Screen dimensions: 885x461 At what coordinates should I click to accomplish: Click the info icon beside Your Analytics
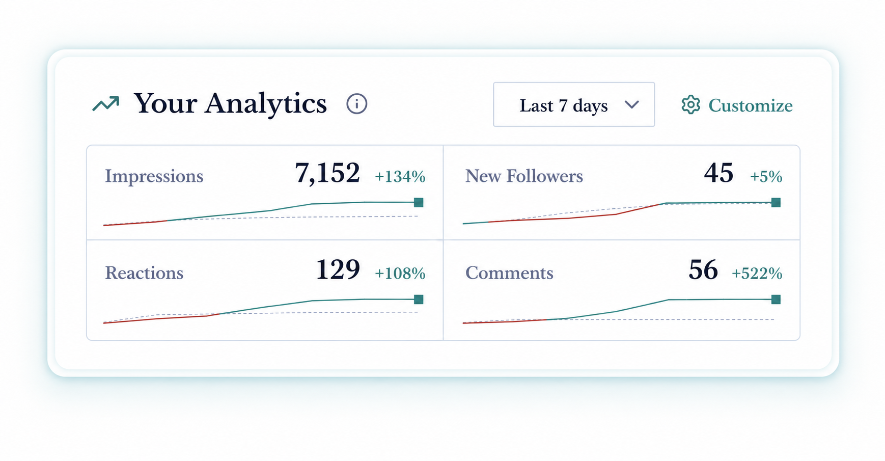pyautogui.click(x=356, y=104)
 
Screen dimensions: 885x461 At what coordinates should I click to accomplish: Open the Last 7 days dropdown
pyautogui.click(x=574, y=104)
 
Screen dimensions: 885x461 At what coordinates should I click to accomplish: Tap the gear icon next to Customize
pyautogui.click(x=691, y=104)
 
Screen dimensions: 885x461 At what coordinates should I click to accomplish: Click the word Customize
pyautogui.click(x=750, y=105)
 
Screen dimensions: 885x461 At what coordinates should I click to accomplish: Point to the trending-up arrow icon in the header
pyautogui.click(x=106, y=104)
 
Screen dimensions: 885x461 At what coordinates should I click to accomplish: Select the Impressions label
pyautogui.click(x=154, y=176)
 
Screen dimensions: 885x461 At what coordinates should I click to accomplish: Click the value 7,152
pyautogui.click(x=327, y=173)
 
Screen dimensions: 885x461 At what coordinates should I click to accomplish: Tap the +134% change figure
pyautogui.click(x=400, y=176)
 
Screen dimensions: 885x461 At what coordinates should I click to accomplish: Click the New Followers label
pyautogui.click(x=524, y=176)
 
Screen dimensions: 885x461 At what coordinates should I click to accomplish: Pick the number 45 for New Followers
pyautogui.click(x=718, y=173)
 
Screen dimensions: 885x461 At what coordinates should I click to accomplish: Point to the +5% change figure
pyautogui.click(x=766, y=176)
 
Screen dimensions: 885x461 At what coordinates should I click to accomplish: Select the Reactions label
pyautogui.click(x=144, y=273)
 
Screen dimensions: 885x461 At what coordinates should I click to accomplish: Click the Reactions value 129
pyautogui.click(x=338, y=269)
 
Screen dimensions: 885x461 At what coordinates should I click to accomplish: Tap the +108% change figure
pyautogui.click(x=400, y=273)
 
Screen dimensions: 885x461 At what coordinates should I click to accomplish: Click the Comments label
pyautogui.click(x=509, y=273)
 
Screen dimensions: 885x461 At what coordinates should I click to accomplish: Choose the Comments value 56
pyautogui.click(x=703, y=269)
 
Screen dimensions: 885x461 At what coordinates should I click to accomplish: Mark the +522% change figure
pyautogui.click(x=757, y=273)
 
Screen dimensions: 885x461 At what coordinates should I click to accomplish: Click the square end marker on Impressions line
pyautogui.click(x=419, y=202)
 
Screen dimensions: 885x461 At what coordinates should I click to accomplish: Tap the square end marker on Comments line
pyautogui.click(x=776, y=299)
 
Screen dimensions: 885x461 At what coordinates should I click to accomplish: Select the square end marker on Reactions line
pyautogui.click(x=419, y=299)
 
